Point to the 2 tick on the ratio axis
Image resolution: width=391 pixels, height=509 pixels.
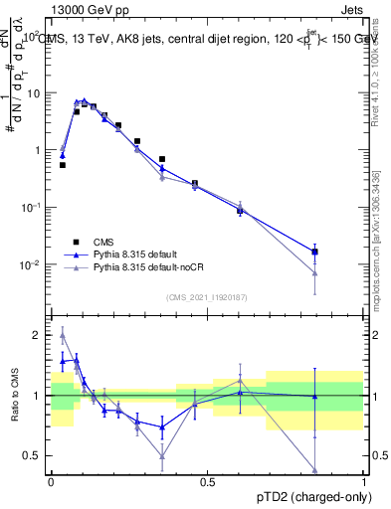coord(38,336)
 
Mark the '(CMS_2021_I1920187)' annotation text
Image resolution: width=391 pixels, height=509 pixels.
coord(207,297)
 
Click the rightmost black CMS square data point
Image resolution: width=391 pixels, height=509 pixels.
coord(314,253)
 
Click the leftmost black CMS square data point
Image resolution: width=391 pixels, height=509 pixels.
coord(62,165)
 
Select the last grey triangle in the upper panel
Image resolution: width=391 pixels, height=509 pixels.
coord(314,273)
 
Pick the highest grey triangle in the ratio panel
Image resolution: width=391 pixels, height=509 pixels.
coord(62,336)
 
